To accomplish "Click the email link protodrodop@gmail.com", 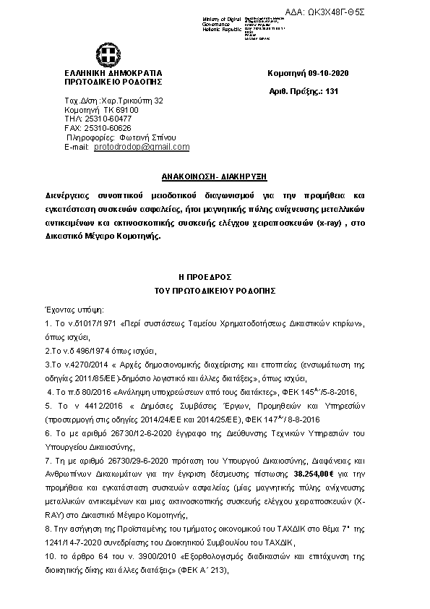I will pos(142,147).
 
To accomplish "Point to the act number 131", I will pos(332,92).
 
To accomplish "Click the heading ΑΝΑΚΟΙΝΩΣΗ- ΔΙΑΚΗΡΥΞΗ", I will pos(215,178).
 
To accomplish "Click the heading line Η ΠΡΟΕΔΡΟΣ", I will pos(215,278).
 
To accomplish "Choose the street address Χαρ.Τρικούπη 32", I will pos(134,100).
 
